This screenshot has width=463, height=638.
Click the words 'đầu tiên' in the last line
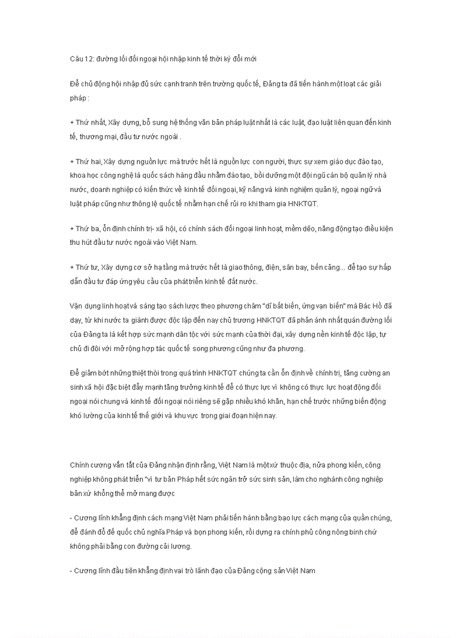coord(118,570)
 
